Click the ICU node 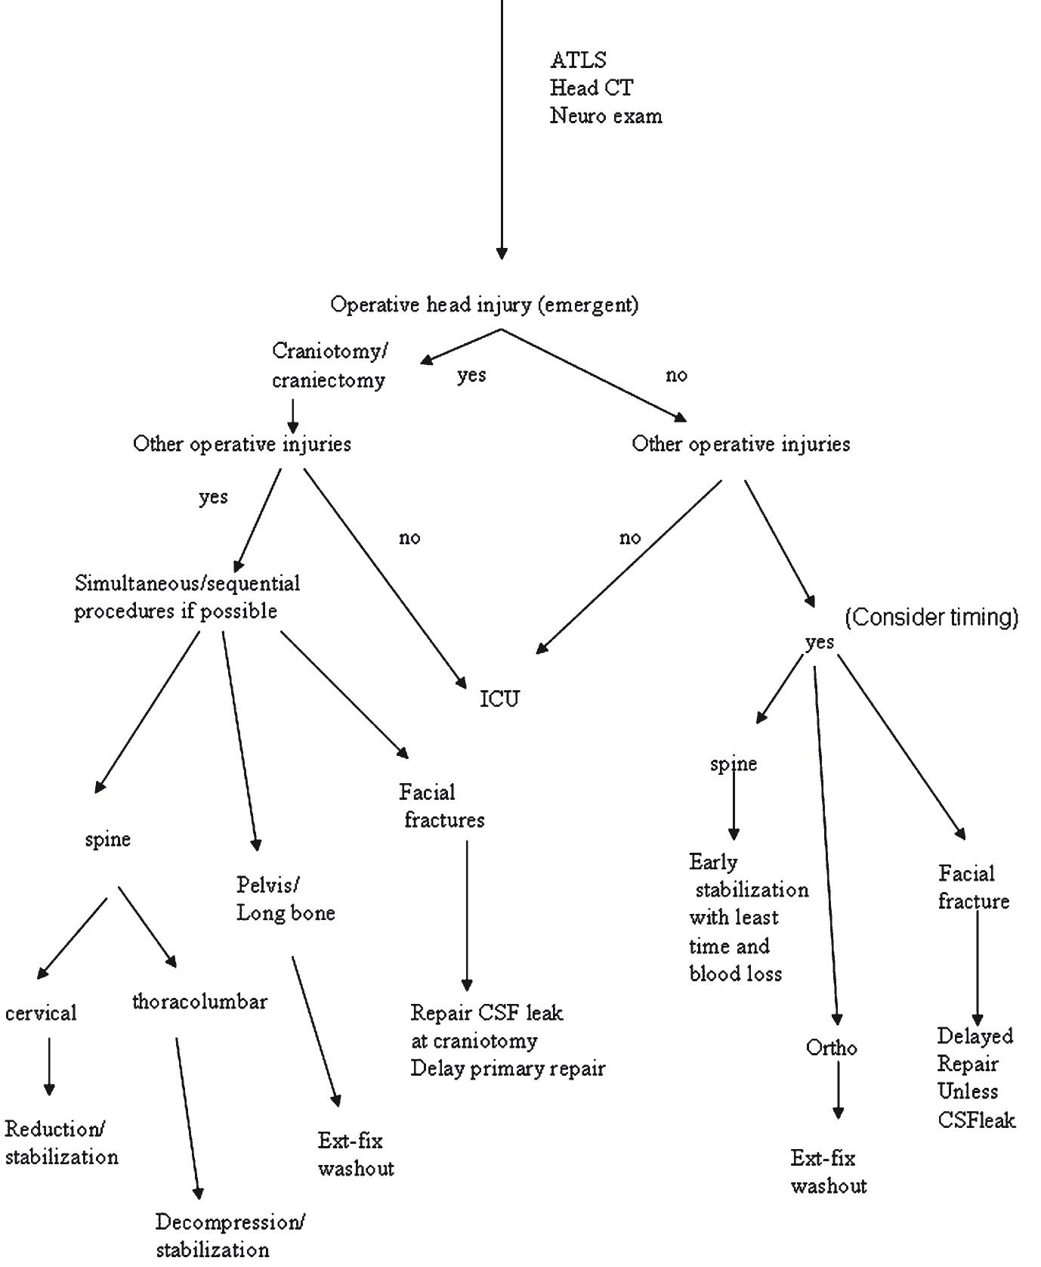(x=500, y=699)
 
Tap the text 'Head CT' (x=591, y=88)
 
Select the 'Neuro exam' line (x=605, y=116)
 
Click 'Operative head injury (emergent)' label (x=484, y=305)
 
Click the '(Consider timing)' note (x=931, y=618)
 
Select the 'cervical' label (x=41, y=1013)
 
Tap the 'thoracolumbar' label (x=199, y=1002)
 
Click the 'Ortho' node (x=831, y=1048)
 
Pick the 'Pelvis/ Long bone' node (x=285, y=899)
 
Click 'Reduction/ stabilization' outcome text (x=61, y=1143)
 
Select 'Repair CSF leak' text (x=487, y=1013)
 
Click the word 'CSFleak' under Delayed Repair (x=976, y=1120)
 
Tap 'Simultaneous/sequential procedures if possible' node (x=187, y=597)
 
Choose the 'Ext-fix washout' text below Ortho (x=828, y=1172)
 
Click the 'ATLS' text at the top (x=577, y=60)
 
